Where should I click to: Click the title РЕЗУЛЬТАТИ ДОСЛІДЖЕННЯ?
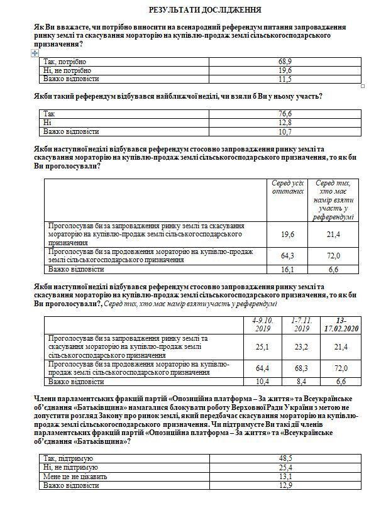[x=197, y=11]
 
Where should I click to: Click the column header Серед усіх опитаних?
[x=287, y=187]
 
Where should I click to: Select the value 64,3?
[x=287, y=256]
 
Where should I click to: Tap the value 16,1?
[x=287, y=269]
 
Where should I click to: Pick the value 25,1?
[x=260, y=346]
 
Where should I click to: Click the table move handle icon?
[x=35, y=54]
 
